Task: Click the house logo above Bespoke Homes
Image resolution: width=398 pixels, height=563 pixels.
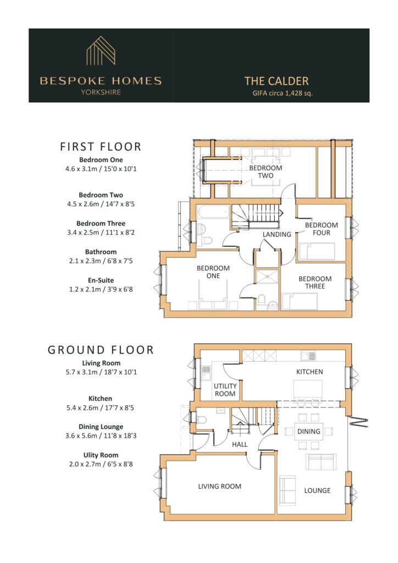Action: (x=101, y=51)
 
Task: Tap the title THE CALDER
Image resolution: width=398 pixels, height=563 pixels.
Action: (x=277, y=81)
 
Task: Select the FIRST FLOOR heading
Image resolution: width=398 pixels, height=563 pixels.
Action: (x=101, y=146)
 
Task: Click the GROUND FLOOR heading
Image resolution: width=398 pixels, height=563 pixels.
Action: (x=101, y=350)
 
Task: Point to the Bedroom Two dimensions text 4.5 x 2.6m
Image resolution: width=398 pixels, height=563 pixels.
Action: (x=82, y=204)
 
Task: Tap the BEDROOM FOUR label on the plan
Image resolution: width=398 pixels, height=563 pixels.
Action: (x=321, y=229)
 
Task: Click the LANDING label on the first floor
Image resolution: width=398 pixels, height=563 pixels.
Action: (x=277, y=234)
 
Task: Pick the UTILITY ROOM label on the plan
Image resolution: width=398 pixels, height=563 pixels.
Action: (x=225, y=390)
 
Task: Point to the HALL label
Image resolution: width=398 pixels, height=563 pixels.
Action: (x=240, y=444)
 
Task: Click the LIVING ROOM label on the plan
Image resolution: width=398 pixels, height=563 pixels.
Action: (x=220, y=487)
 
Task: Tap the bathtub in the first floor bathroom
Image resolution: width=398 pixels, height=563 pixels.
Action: (x=213, y=212)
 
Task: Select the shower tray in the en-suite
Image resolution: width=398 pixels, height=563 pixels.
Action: (x=267, y=277)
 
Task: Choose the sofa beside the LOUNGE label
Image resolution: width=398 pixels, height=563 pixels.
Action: (x=287, y=490)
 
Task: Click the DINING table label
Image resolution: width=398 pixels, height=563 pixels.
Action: (x=308, y=431)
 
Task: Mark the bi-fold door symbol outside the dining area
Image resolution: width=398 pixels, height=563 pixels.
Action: (x=358, y=422)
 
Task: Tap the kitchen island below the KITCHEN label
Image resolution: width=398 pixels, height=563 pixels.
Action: (x=309, y=391)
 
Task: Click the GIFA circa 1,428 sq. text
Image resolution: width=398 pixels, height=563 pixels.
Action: (x=283, y=93)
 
